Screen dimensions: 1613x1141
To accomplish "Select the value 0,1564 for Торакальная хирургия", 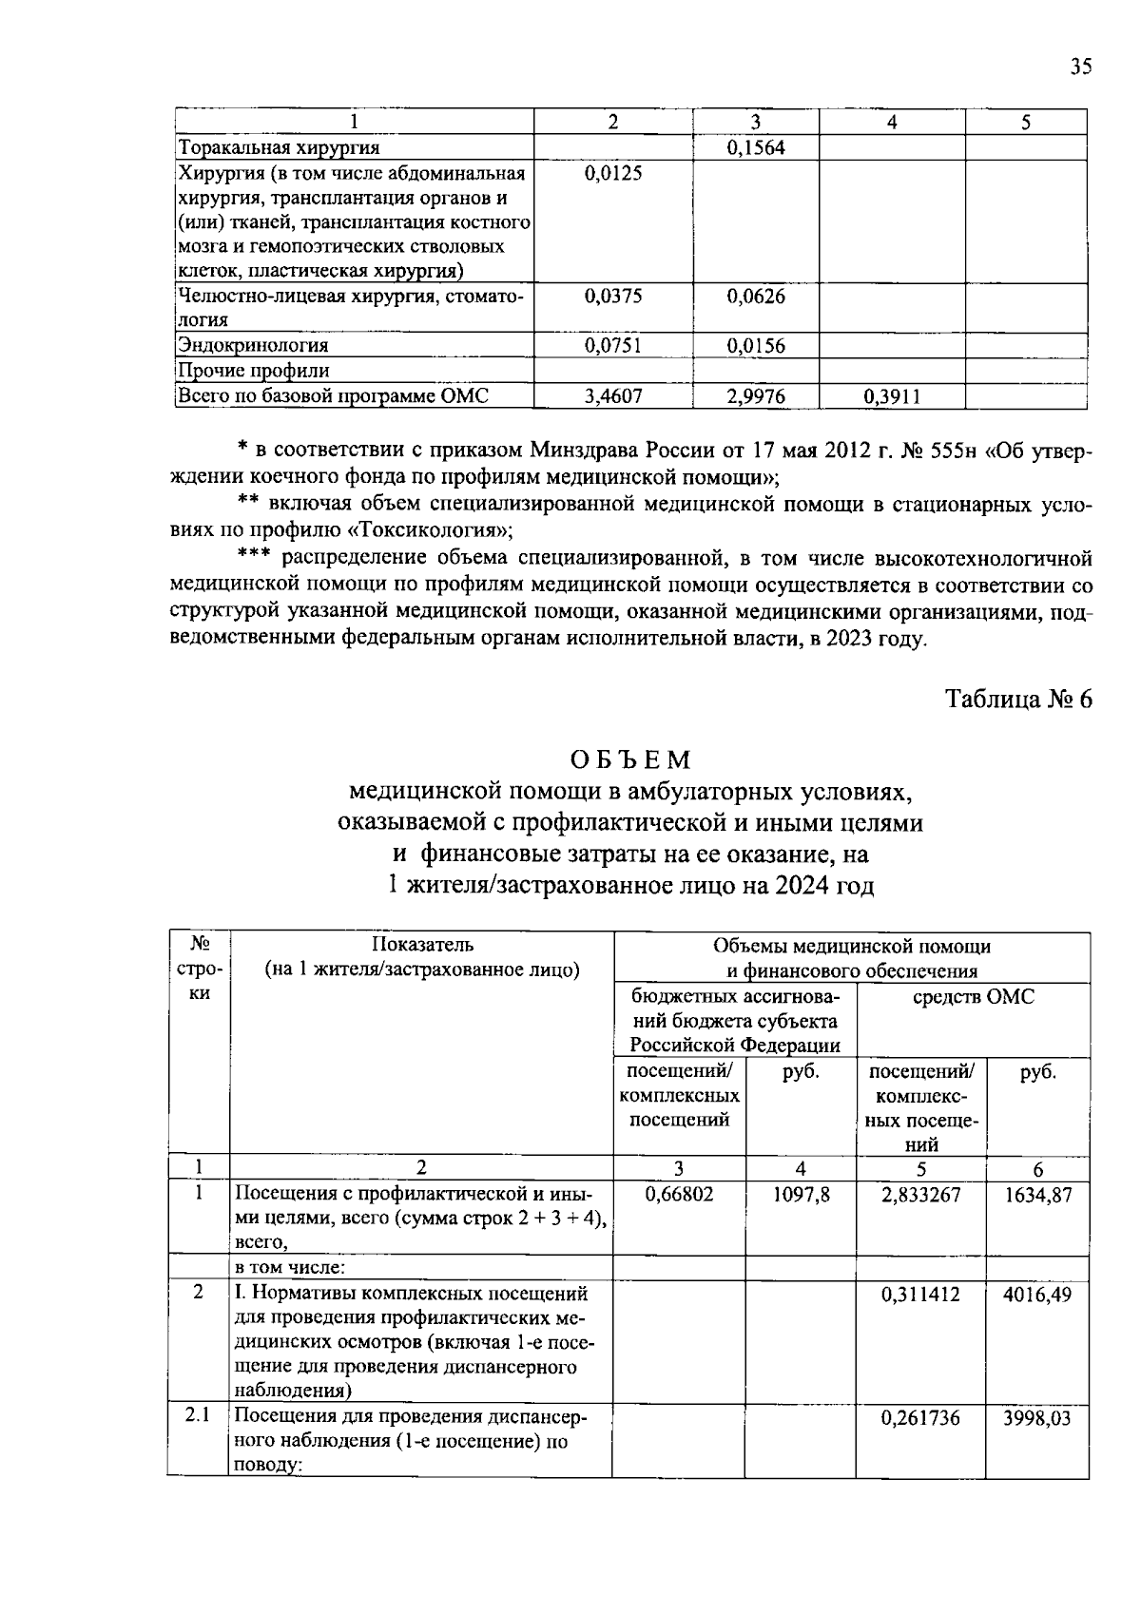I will click(x=756, y=147).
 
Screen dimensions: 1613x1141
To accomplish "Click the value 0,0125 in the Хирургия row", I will click(x=612, y=172).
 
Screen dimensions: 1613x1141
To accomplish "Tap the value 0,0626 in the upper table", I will click(x=756, y=296).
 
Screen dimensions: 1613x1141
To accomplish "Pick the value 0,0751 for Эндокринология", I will click(x=612, y=345).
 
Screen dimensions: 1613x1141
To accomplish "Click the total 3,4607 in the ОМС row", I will click(x=612, y=395).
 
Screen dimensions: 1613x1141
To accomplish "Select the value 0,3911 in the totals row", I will click(x=892, y=395).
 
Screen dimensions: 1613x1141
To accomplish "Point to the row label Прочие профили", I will click(x=254, y=371).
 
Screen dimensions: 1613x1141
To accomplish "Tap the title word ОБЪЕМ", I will click(x=630, y=759).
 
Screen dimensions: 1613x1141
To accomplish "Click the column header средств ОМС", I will click(x=972, y=996).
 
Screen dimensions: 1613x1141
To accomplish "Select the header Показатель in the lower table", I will click(x=421, y=945).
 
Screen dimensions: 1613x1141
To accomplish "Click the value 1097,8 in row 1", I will click(x=801, y=1194).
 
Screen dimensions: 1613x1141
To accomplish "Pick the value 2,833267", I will click(x=920, y=1194).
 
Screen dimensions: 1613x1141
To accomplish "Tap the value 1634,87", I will click(x=1037, y=1194).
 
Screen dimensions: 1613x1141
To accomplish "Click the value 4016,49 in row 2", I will click(x=1037, y=1294).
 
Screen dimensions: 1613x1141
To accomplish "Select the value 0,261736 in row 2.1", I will click(x=920, y=1417).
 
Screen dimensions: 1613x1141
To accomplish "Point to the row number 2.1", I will click(x=198, y=1415).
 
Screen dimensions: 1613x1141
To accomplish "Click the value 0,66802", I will click(x=679, y=1194).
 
